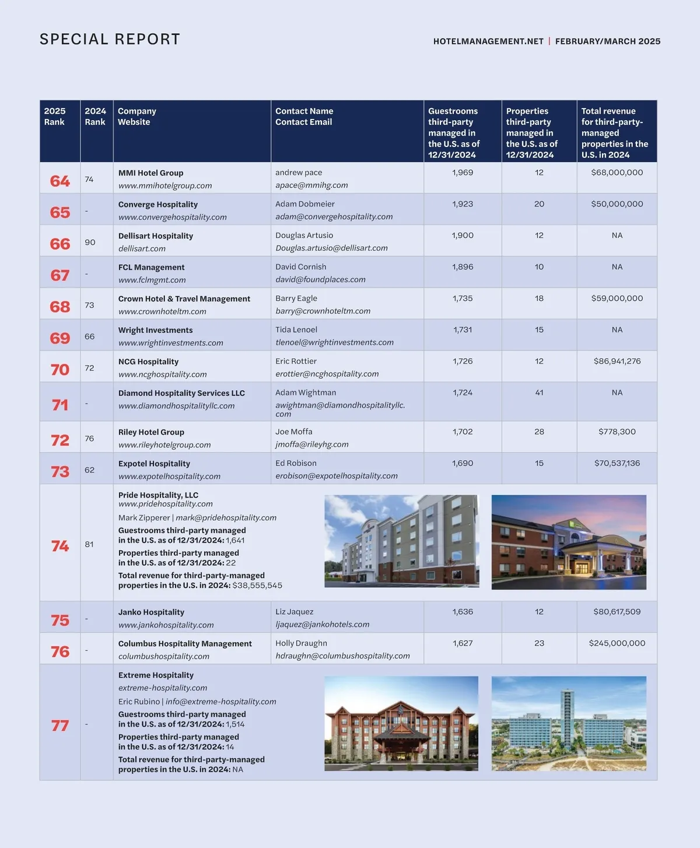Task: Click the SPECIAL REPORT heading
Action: coord(110,39)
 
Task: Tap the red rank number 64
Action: coord(60,181)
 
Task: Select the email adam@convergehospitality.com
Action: coord(334,216)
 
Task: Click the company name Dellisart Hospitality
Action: coord(155,236)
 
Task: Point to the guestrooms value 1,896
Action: coord(463,267)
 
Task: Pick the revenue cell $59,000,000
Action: coord(617,298)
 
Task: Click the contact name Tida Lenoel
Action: coord(296,330)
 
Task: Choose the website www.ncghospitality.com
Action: coord(162,374)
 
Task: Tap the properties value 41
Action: coord(539,393)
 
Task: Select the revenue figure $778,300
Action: coord(617,432)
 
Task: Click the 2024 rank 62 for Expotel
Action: coord(89,469)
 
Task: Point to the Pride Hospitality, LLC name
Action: coord(158,495)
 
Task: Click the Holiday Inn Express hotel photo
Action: coord(569,542)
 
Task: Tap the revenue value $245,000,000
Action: coord(617,643)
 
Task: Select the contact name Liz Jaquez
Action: coord(294,612)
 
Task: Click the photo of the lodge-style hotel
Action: coord(401,723)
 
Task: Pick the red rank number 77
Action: coord(60,726)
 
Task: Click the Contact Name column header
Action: coord(304,111)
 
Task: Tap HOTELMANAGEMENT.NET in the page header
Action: coord(488,41)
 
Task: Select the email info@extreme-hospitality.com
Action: coord(220,702)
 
